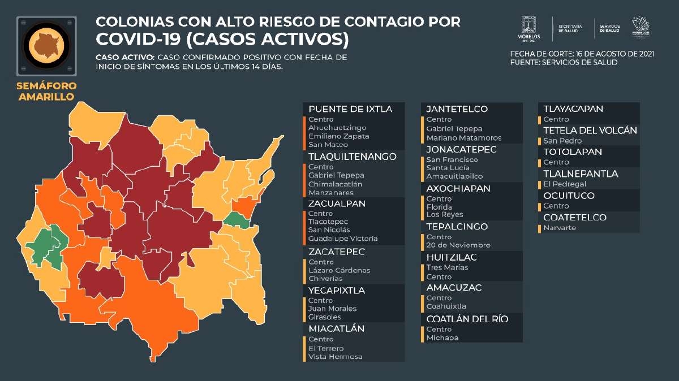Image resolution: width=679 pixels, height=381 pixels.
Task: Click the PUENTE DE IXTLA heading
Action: [350, 109]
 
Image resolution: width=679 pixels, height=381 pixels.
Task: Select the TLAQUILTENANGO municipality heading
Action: [352, 157]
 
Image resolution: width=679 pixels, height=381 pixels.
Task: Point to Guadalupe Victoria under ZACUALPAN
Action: [343, 239]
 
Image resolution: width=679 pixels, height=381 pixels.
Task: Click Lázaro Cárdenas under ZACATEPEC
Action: [339, 270]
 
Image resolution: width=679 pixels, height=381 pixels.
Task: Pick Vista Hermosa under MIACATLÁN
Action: [335, 357]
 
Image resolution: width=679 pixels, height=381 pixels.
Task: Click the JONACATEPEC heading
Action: [461, 149]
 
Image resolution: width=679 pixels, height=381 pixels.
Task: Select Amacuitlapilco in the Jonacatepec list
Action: [454, 176]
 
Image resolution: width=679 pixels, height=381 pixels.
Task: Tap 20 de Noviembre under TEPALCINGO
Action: [458, 245]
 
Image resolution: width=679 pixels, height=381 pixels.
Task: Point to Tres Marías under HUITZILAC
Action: [447, 267]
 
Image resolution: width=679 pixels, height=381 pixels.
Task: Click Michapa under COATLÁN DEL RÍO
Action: [442, 337]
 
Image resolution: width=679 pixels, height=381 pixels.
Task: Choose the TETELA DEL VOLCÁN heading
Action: [590, 131]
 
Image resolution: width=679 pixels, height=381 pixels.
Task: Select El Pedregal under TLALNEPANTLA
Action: [565, 184]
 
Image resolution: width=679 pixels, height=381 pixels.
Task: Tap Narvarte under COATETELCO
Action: [559, 228]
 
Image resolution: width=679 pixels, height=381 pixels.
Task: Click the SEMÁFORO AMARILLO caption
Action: [46, 91]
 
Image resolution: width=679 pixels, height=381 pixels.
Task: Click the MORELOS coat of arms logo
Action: [528, 29]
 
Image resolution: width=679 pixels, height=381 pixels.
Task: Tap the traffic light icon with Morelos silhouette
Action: [46, 46]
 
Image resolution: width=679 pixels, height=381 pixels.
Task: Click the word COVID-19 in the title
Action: [138, 39]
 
